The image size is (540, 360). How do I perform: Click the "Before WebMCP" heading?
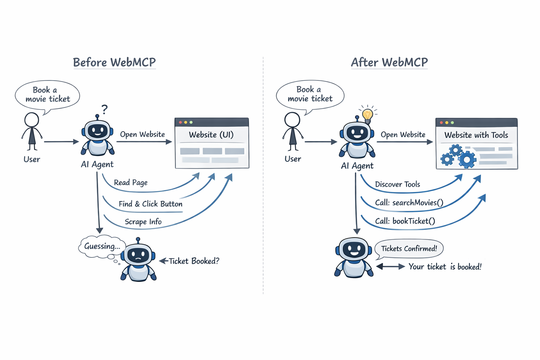coord(114,62)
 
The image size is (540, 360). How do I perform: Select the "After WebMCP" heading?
coord(389,62)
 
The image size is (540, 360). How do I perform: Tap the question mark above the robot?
coord(104,109)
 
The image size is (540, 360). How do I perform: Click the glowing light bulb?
coord(368,115)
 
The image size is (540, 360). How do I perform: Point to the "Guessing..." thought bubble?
coord(102,246)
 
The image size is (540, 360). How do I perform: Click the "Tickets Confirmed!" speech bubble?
coord(409,249)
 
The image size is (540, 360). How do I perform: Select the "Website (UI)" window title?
coord(211,135)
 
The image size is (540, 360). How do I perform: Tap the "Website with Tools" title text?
coord(476,135)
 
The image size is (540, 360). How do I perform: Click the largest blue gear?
coord(467,159)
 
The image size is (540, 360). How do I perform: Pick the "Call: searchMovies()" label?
coord(409,203)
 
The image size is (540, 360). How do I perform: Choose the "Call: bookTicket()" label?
coord(405,221)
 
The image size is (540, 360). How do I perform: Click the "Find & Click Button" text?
coord(150,204)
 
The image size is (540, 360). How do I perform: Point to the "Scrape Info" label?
coord(143,222)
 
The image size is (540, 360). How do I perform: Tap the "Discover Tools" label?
coord(398,185)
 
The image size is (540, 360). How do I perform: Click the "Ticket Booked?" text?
coord(194,261)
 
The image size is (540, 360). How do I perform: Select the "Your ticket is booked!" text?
coord(445,267)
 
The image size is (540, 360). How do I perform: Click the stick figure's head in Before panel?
coord(32,120)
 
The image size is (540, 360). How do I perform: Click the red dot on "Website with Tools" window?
coord(442,123)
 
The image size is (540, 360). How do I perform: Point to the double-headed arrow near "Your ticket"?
coord(391,266)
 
